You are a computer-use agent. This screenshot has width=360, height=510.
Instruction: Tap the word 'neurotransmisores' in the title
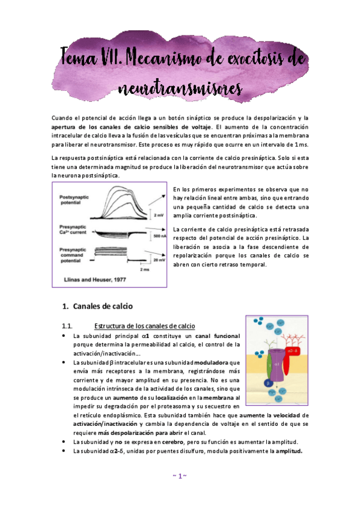180,88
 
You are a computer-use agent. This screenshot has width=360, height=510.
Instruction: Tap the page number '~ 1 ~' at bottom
180,476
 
